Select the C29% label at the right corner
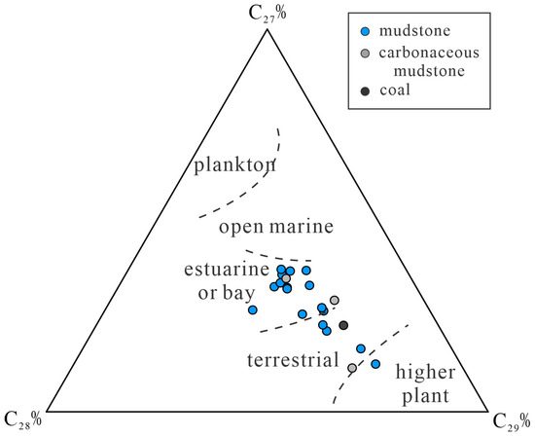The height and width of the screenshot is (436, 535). point(513,419)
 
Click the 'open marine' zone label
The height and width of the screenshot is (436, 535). point(276,227)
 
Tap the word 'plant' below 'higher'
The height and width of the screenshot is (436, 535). point(427,396)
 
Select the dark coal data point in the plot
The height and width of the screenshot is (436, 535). point(343,325)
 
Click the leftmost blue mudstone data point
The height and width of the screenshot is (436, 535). point(252,309)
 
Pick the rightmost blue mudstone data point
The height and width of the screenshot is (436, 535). point(375,364)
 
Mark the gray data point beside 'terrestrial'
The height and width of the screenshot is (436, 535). point(352,368)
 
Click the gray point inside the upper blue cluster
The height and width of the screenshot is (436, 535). point(286,278)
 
